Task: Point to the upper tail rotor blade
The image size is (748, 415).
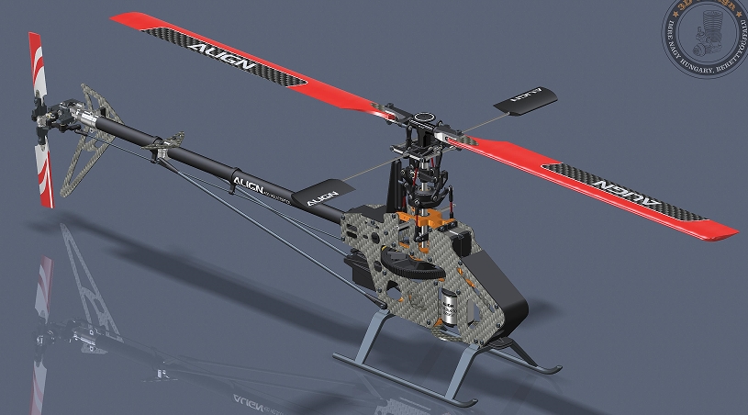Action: (x=36, y=63)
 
